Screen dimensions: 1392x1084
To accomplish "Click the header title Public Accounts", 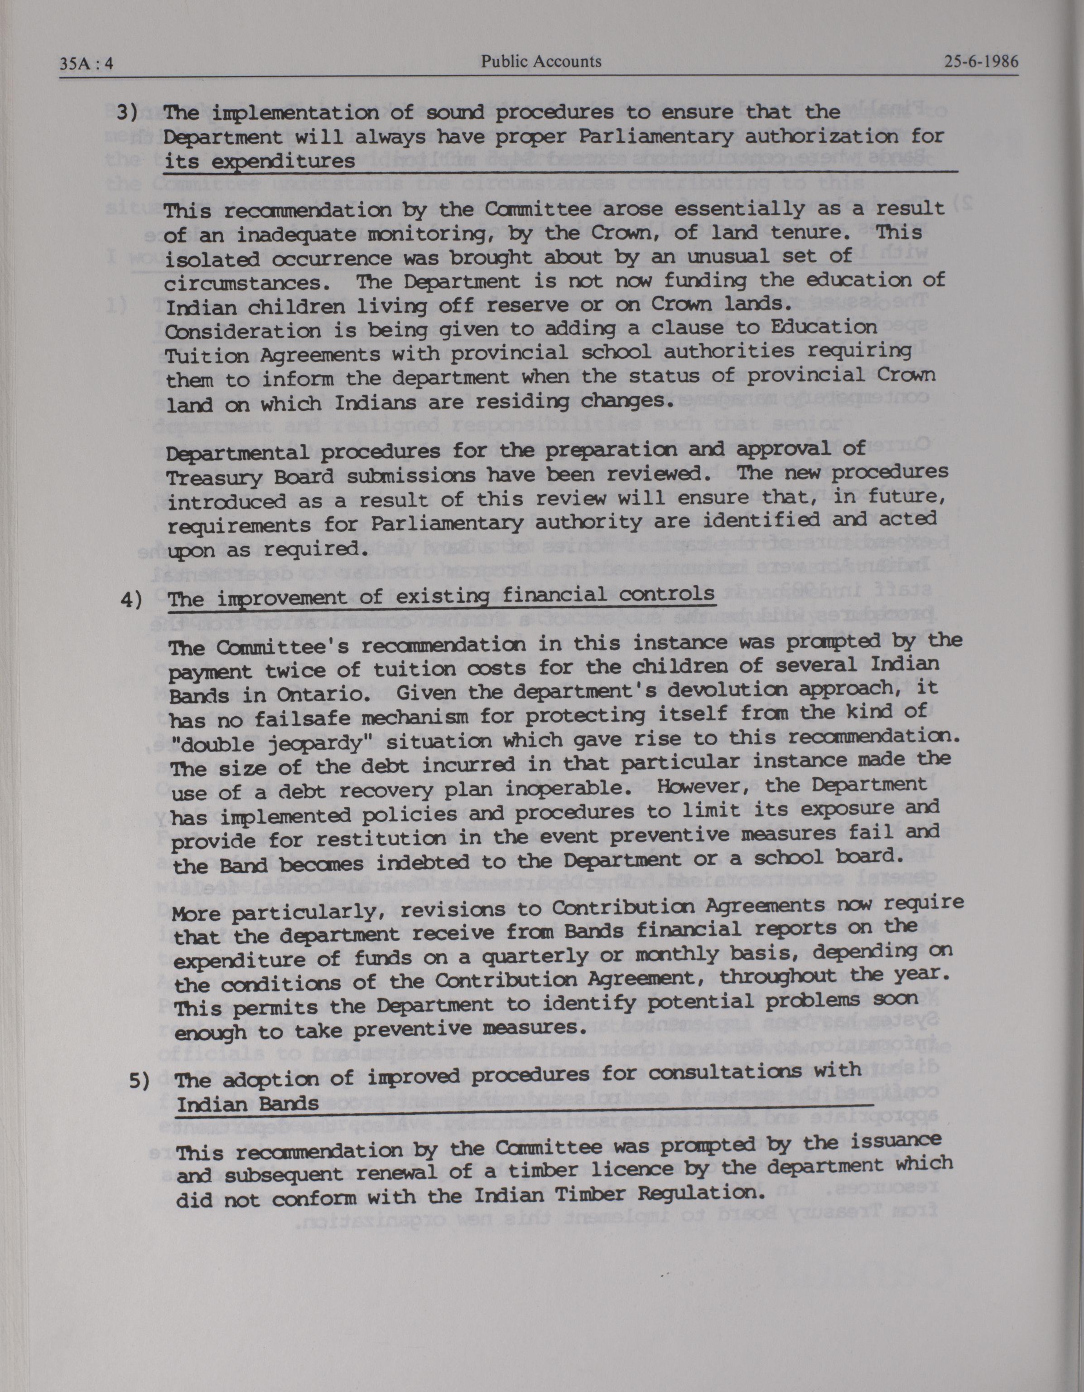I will click(x=541, y=61).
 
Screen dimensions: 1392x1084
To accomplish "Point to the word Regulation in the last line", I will click(x=700, y=1192).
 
